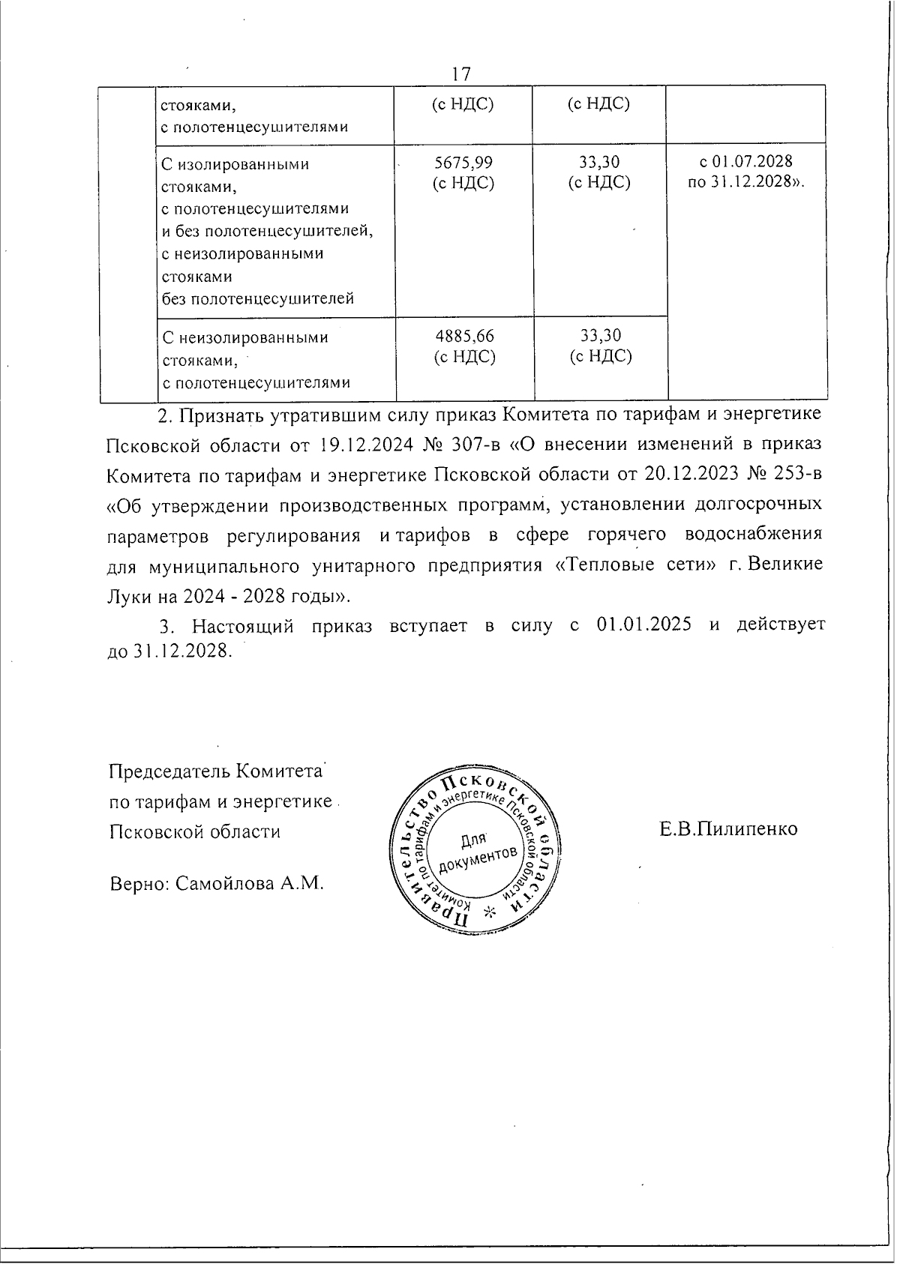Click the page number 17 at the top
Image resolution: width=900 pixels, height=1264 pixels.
(460, 73)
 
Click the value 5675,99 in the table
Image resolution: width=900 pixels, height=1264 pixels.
(463, 162)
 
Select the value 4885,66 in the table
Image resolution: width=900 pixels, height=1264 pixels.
(464, 336)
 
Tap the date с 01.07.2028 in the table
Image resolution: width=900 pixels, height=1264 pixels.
(745, 162)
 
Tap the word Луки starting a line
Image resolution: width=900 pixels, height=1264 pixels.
(129, 596)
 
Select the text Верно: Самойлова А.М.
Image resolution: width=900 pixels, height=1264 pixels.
(217, 882)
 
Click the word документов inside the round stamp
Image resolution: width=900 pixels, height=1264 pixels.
(478, 860)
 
